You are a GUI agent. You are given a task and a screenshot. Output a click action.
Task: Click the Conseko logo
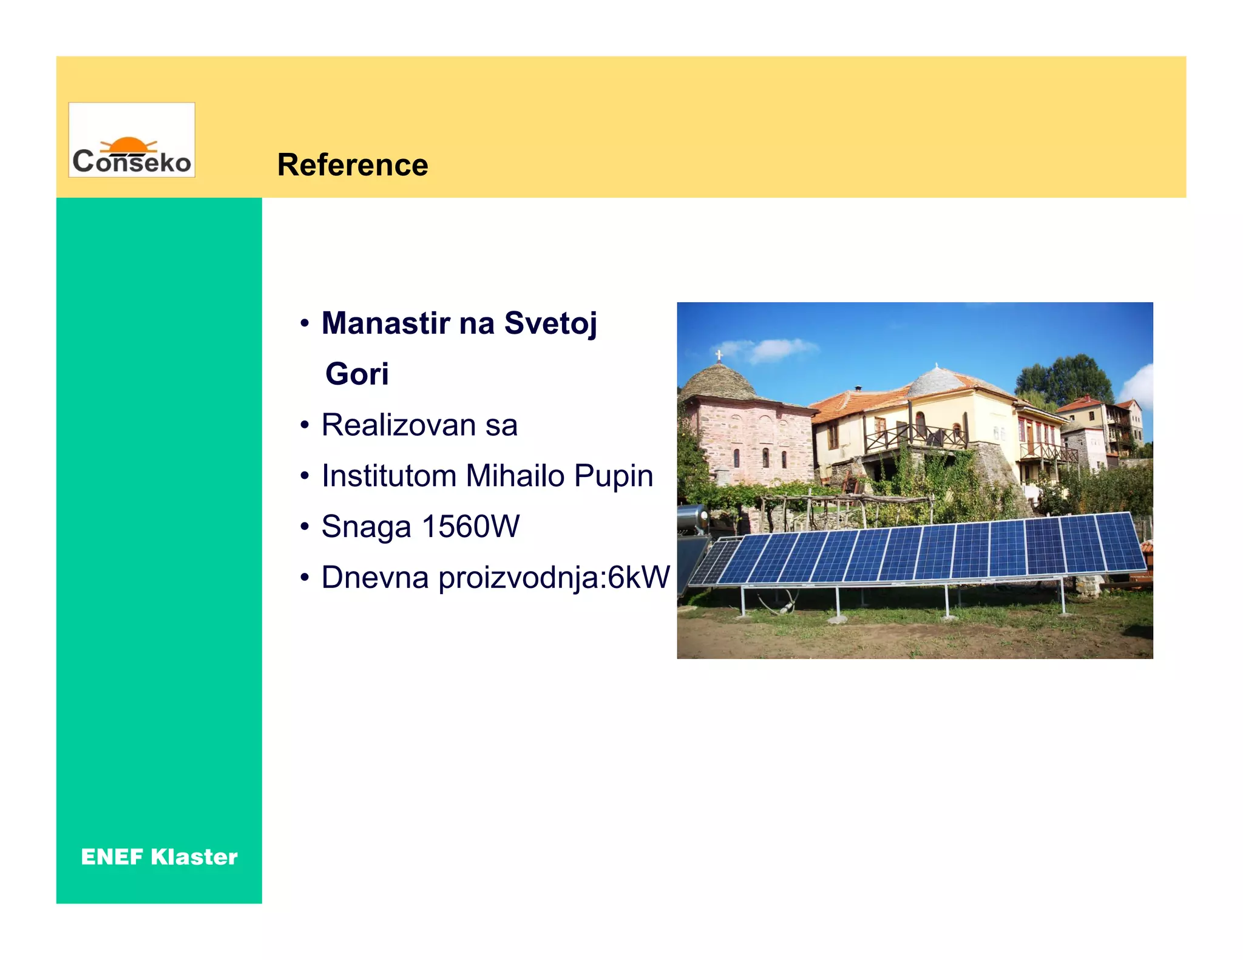click(x=132, y=140)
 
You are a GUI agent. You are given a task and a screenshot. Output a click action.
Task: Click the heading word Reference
click(x=353, y=165)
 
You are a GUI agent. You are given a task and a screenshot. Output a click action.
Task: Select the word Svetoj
click(x=550, y=323)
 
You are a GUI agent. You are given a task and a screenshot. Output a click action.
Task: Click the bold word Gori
click(x=357, y=374)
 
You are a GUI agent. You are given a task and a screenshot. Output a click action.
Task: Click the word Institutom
click(x=388, y=476)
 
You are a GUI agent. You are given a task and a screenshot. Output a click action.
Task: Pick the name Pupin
click(x=614, y=476)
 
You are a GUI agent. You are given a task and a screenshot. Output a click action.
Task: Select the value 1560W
click(x=470, y=526)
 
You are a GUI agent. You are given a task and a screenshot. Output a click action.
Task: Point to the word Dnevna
click(x=374, y=577)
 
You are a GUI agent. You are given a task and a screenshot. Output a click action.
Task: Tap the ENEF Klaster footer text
click(x=159, y=857)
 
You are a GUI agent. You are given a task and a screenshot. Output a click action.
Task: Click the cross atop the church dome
click(x=719, y=354)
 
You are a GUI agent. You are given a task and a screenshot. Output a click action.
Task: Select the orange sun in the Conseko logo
click(x=128, y=144)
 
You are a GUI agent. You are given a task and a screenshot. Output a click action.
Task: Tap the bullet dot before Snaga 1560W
click(x=305, y=526)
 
